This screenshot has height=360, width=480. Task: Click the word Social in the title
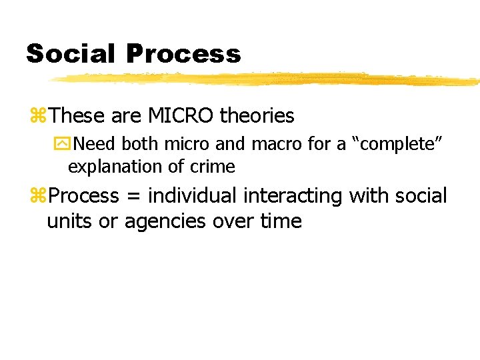[x=71, y=53]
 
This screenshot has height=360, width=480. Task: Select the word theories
[x=257, y=116]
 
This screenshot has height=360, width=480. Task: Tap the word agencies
[x=161, y=221]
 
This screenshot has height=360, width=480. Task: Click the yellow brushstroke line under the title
[x=267, y=79]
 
